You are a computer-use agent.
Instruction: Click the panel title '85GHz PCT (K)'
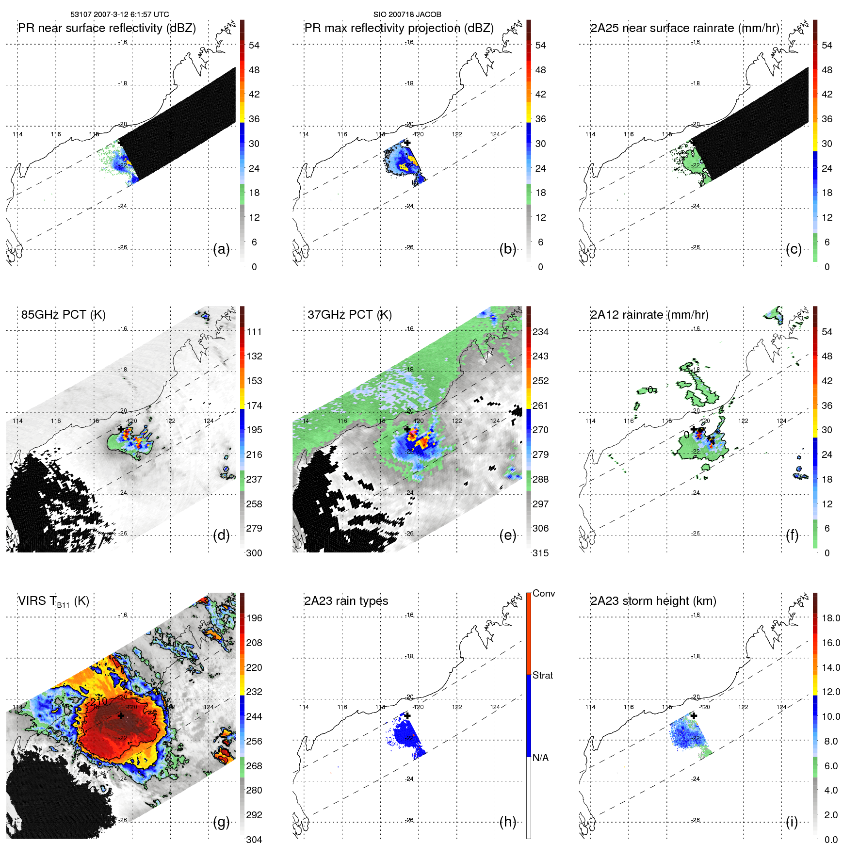[63, 315]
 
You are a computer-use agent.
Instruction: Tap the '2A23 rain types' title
[346, 601]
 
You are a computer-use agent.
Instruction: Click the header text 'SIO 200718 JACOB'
[407, 15]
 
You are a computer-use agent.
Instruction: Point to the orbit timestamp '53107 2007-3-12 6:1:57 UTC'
[119, 15]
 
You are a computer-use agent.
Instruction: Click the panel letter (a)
[221, 249]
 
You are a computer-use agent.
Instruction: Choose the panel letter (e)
[507, 535]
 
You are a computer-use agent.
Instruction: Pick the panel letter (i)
[792, 822]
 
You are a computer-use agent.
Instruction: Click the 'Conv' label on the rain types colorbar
[543, 593]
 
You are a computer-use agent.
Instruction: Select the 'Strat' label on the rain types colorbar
[542, 675]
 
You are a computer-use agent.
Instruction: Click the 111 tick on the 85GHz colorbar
[254, 332]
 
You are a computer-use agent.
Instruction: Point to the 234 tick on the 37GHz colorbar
[540, 332]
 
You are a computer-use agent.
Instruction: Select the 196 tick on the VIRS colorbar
[254, 618]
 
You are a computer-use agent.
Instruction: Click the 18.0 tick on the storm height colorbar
[830, 618]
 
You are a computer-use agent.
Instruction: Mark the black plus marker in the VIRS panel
[121, 715]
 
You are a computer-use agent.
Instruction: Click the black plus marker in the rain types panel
[407, 715]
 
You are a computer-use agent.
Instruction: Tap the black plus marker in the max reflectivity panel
[407, 143]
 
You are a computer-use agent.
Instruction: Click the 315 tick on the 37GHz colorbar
[540, 553]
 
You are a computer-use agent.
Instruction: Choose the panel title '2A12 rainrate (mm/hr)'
[649, 315]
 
